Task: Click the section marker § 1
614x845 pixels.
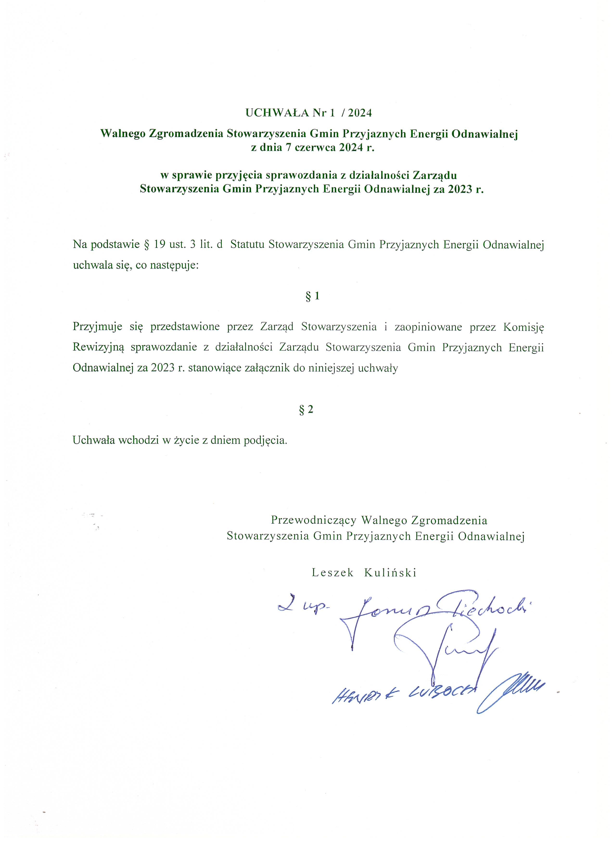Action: (312, 296)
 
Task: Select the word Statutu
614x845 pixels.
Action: (248, 245)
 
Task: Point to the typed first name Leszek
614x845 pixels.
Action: (333, 573)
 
